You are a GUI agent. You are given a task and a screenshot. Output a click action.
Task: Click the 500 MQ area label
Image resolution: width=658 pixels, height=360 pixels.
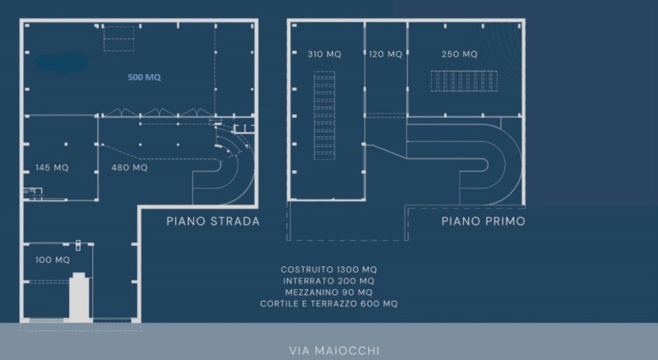(x=145, y=77)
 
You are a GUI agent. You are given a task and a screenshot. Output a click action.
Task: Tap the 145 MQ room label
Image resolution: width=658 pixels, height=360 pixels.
(x=52, y=168)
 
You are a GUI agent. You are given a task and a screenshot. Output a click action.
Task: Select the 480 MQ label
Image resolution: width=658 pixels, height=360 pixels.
(x=129, y=168)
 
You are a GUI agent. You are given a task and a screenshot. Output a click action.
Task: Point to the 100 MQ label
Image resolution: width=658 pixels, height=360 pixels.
(x=53, y=261)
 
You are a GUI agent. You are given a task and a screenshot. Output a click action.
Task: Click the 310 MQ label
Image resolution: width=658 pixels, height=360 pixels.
(x=324, y=54)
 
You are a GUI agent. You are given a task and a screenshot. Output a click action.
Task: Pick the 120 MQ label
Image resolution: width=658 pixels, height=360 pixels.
(x=386, y=54)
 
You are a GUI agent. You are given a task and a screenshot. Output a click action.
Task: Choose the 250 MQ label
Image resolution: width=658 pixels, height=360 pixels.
(x=460, y=54)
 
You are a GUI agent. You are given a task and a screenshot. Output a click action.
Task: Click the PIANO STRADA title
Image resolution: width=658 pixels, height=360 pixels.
(x=213, y=221)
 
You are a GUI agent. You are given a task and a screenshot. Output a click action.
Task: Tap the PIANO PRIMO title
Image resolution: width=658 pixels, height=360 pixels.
(x=484, y=221)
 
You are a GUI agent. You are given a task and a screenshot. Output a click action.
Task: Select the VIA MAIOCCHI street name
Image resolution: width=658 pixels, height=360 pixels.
(x=335, y=350)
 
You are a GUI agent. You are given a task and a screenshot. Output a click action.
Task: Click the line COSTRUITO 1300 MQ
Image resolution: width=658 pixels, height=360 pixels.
(x=329, y=270)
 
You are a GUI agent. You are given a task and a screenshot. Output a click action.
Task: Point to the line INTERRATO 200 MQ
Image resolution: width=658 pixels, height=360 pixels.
(x=328, y=281)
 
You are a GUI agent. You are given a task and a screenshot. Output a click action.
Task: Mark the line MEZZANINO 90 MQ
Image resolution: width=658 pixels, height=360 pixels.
(x=328, y=293)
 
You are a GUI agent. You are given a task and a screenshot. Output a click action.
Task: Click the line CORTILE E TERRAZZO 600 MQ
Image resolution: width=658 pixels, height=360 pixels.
(x=328, y=304)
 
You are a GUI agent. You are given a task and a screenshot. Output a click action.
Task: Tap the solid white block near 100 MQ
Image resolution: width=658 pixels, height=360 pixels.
(x=79, y=298)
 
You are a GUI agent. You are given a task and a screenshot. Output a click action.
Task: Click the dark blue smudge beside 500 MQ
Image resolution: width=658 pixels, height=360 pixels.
(x=62, y=63)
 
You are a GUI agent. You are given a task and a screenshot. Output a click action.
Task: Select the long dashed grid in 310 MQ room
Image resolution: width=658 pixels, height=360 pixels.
(x=324, y=115)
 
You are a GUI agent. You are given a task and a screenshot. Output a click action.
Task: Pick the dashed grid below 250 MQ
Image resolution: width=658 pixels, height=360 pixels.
(x=464, y=81)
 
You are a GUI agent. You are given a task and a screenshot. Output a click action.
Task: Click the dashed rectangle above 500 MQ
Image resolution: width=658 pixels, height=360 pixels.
(x=118, y=39)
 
